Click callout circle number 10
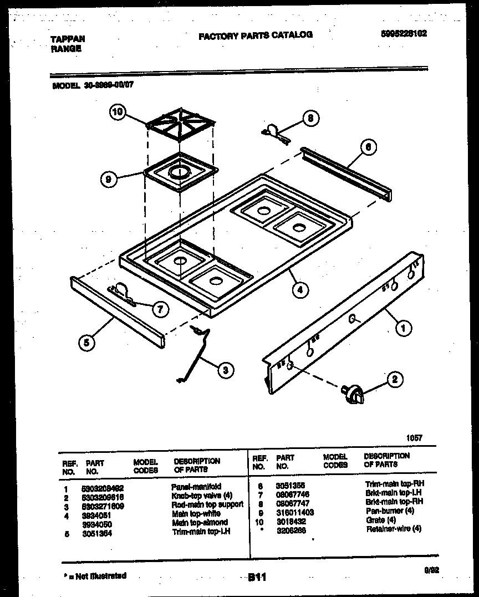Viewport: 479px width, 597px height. pos(116,112)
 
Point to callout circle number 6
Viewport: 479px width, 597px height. pos(369,147)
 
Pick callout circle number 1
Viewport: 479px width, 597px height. pos(403,328)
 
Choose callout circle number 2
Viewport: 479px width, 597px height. pos(395,380)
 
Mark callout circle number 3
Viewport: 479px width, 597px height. pos(225,370)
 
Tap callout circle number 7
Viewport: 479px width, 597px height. pos(160,310)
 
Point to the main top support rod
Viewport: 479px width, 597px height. pos(194,355)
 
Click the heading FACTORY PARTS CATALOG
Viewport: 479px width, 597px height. pos(256,35)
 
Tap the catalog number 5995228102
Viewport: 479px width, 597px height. pos(404,33)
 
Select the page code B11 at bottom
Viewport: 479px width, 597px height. pos(257,577)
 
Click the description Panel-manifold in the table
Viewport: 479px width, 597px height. pos(196,486)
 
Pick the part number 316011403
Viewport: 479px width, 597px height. pos(295,513)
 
